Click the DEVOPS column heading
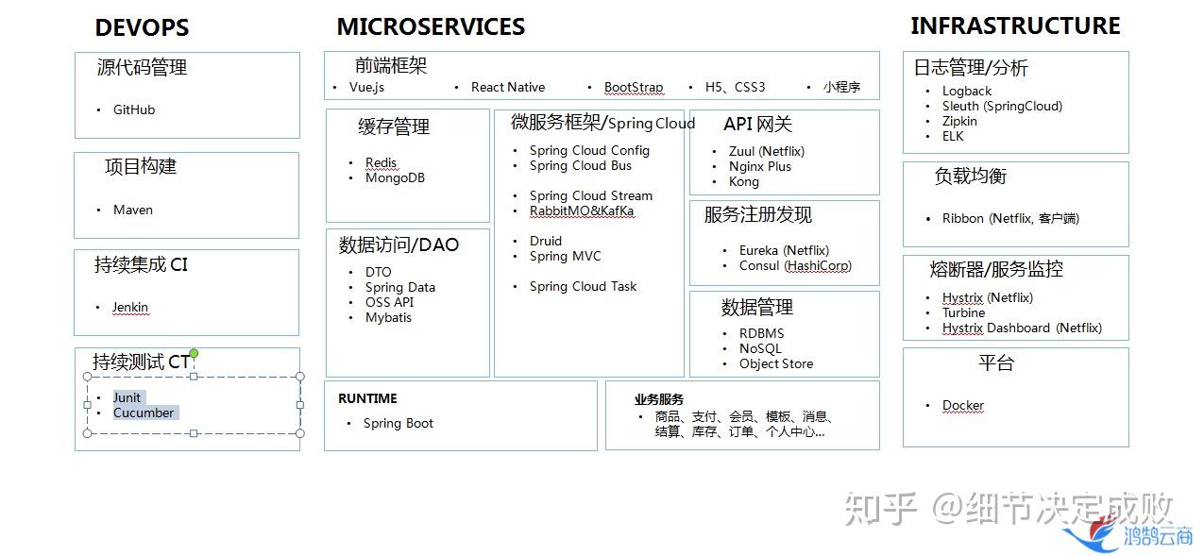[142, 28]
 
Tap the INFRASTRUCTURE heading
[1015, 25]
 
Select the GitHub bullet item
[134, 110]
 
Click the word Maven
[133, 210]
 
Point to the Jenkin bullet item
[130, 307]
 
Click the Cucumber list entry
[144, 413]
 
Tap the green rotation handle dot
[194, 353]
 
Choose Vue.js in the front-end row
[366, 87]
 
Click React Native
[508, 87]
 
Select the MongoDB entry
[395, 177]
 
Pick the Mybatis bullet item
[388, 317]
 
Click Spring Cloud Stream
[590, 195]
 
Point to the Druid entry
[545, 241]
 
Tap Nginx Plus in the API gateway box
[759, 166]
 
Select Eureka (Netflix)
[784, 250]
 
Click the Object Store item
[775, 363]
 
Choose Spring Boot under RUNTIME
[398, 423]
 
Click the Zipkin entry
[959, 121]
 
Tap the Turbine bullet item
[963, 312]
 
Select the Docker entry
[962, 405]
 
